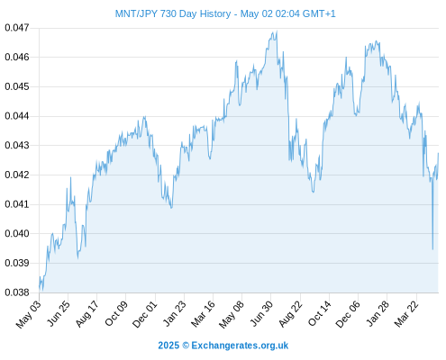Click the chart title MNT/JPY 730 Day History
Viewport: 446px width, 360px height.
(173, 13)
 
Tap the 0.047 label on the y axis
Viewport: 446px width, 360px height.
(17, 28)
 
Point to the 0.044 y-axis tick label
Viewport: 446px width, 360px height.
(17, 116)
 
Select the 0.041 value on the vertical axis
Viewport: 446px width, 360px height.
(17, 204)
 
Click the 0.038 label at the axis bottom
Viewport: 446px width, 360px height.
(17, 292)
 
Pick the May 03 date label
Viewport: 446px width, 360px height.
(29, 314)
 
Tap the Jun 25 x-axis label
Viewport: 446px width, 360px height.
(59, 313)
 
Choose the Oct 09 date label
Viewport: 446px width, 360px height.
(116, 313)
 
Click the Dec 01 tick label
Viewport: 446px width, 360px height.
(145, 314)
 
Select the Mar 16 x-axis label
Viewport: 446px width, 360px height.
(204, 314)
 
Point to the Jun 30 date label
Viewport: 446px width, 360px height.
(262, 314)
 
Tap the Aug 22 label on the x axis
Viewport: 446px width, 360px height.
(291, 314)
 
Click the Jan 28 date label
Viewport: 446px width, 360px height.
(378, 314)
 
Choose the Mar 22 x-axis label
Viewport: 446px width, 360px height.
(406, 314)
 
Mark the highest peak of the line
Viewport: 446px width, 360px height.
(277, 31)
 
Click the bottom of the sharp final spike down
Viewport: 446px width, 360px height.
(432, 249)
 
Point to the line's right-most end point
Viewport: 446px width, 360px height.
(438, 153)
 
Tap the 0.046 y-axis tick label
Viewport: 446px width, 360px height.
(17, 57)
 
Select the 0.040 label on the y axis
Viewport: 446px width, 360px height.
(17, 233)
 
